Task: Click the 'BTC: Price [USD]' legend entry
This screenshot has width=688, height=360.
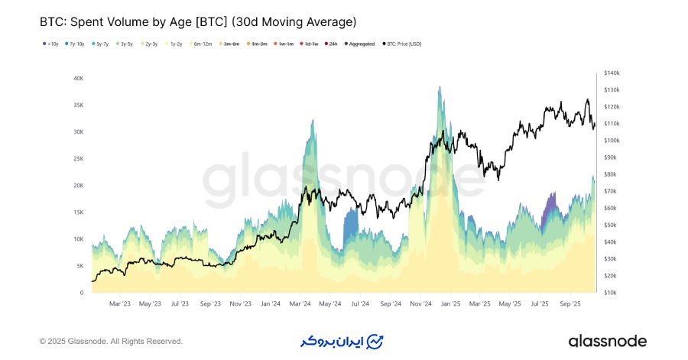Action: click(404, 44)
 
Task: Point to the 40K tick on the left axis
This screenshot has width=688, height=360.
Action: click(78, 78)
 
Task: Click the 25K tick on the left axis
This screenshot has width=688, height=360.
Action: click(78, 158)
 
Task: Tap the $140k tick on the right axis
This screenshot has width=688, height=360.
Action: click(612, 73)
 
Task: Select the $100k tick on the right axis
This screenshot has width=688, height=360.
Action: click(612, 141)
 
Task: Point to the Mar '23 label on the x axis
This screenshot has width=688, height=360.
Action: click(119, 303)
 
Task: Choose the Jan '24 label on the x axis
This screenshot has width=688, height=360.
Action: click(269, 303)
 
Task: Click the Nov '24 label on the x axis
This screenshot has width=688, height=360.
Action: click(420, 303)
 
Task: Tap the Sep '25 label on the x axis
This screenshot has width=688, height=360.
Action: click(570, 303)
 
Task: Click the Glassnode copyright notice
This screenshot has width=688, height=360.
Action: click(111, 341)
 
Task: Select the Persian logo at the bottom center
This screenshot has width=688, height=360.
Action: click(342, 341)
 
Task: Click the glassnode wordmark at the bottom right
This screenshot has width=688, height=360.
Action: click(607, 341)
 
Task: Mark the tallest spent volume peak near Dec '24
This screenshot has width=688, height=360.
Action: click(440, 87)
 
